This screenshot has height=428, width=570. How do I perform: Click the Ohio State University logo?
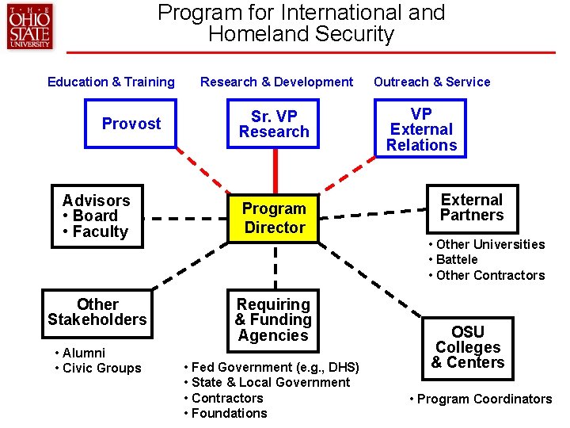pos(29,28)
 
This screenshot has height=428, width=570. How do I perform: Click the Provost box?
pos(131,124)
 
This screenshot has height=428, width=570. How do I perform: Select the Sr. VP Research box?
pos(274,124)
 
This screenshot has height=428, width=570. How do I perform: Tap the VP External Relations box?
pos(421,129)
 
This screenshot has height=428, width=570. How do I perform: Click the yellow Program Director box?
pos(274,218)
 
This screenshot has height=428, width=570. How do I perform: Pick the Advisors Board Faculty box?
pos(97,216)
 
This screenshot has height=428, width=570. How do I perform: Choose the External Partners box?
pos(471,208)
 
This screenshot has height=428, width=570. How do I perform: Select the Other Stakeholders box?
pos(97,311)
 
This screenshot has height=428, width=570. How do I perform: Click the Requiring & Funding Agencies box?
pos(274,319)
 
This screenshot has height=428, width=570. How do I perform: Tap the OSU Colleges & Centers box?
pos(468,347)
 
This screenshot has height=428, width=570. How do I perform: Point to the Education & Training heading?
pos(111,82)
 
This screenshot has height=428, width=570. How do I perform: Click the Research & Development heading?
pos(276,82)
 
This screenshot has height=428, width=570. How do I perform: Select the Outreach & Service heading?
pos(431,82)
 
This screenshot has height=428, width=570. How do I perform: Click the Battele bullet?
pos(457,259)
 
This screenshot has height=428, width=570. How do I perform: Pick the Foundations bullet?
pos(229,413)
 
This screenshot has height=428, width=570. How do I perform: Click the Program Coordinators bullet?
pos(484,399)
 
